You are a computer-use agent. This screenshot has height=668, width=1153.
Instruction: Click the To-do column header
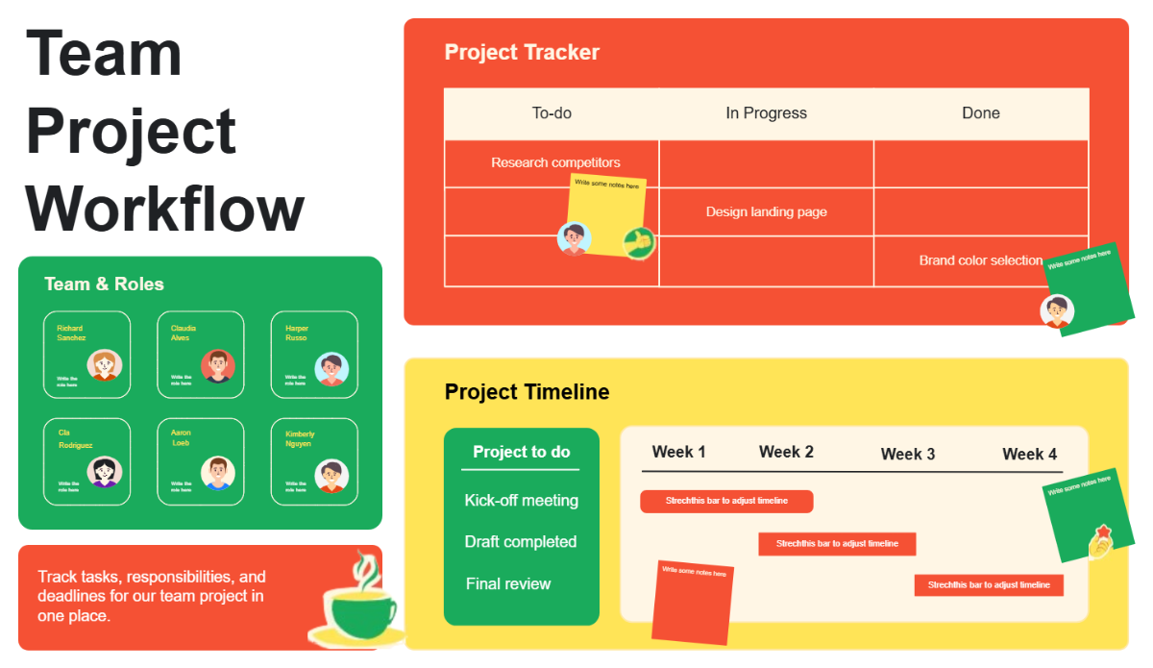pos(552,113)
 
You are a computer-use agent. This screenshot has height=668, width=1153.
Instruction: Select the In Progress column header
pos(766,113)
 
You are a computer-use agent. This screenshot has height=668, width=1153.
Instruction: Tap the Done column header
pos(980,113)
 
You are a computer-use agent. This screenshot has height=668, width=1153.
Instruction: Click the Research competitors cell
pos(555,162)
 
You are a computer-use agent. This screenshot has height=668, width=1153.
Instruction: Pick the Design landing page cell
pos(766,211)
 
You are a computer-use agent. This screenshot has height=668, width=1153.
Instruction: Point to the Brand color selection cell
pos(980,260)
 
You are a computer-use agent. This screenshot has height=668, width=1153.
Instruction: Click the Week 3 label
pos(907,454)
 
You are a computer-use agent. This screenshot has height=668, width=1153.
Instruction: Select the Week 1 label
pos(678,452)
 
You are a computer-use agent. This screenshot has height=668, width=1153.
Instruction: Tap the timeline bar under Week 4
pos(989,584)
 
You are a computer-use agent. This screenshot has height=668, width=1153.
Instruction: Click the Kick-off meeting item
pos(521,500)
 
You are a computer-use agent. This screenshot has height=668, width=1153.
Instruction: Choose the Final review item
pos(508,583)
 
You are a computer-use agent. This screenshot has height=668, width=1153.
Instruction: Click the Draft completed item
pos(520,542)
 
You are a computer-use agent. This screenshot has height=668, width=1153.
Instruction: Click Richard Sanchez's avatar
pos(104,365)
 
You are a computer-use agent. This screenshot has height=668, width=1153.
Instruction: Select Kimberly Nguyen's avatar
pos(331,475)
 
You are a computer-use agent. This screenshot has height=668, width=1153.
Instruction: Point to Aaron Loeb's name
pos(181,437)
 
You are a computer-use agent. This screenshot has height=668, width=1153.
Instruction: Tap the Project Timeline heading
pos(527,392)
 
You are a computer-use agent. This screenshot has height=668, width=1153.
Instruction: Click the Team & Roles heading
pos(104,285)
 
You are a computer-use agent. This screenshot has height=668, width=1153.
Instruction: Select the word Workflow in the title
pos(164,208)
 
